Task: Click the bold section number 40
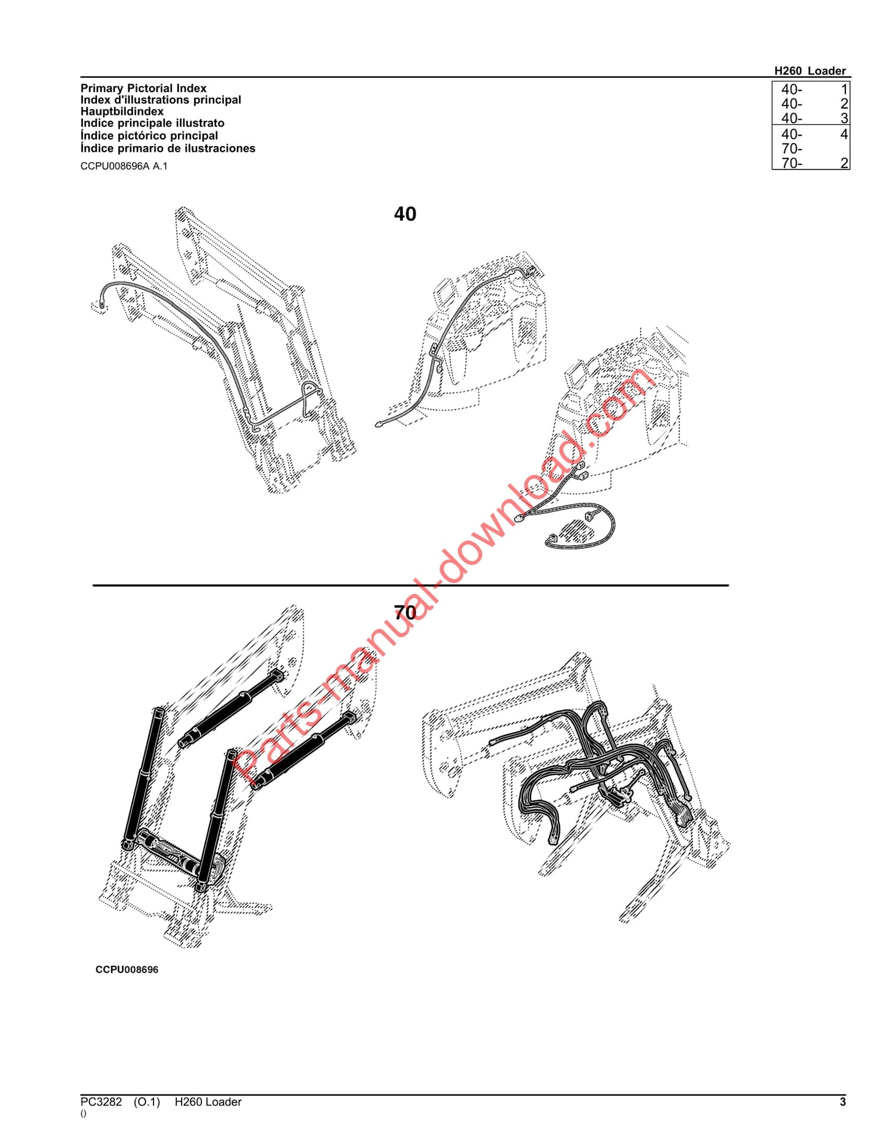pyautogui.click(x=405, y=214)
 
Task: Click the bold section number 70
pyautogui.click(x=405, y=612)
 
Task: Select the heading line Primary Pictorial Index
pyautogui.click(x=143, y=88)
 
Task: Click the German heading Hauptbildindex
pyautogui.click(x=122, y=112)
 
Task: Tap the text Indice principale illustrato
pyautogui.click(x=152, y=123)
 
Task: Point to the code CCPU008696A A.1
pyautogui.click(x=123, y=166)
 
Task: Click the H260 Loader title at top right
pyautogui.click(x=810, y=71)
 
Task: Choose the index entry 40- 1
pyautogui.click(x=811, y=90)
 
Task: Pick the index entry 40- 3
pyautogui.click(x=811, y=118)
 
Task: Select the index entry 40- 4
pyautogui.click(x=811, y=134)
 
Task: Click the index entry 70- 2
pyautogui.click(x=811, y=163)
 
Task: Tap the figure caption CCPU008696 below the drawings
pyautogui.click(x=126, y=970)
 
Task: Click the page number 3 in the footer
pyautogui.click(x=843, y=1102)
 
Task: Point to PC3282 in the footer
pyautogui.click(x=101, y=1102)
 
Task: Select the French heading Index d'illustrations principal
pyautogui.click(x=161, y=100)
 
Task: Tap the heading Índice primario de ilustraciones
pyautogui.click(x=168, y=149)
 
